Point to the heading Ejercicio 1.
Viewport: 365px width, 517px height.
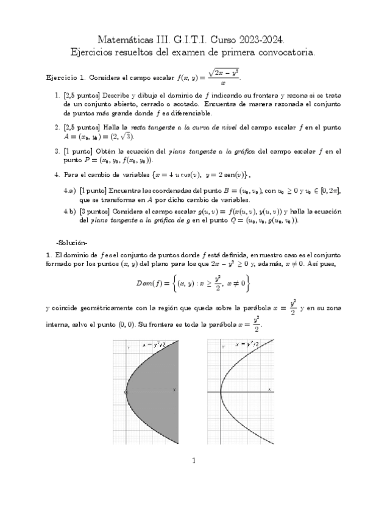(x=66, y=78)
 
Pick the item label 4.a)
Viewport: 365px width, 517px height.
(x=69, y=191)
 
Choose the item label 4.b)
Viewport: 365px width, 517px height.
(x=69, y=211)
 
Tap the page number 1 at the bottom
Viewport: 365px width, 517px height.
(x=193, y=460)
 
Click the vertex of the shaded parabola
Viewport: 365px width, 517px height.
(x=127, y=392)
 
